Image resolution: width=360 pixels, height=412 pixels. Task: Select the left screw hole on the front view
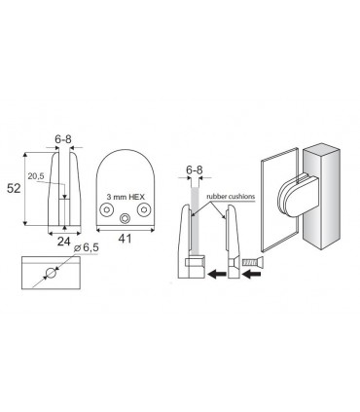click(106, 209)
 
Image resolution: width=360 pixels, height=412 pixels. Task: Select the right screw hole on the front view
click(143, 209)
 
